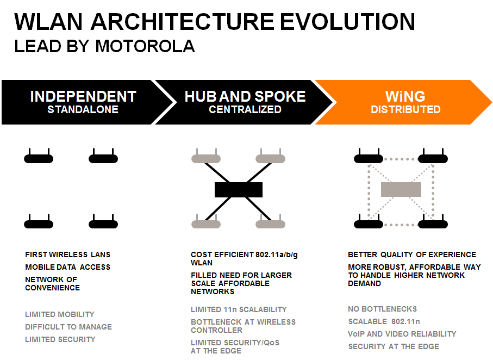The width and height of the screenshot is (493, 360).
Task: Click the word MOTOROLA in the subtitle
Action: (145, 46)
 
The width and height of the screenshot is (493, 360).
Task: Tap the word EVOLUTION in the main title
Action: (347, 22)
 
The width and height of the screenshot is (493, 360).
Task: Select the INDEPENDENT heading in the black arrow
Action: (83, 96)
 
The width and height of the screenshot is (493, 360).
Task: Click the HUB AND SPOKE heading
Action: (245, 96)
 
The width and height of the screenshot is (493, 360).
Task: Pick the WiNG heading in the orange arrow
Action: (405, 96)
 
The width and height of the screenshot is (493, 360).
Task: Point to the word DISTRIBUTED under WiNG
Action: (405, 109)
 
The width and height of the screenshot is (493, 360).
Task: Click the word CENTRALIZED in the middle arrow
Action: (245, 109)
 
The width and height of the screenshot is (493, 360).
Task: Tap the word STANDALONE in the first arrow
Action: (83, 109)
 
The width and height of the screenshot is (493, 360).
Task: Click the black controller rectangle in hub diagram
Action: (238, 190)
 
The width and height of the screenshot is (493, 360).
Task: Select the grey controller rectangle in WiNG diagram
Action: (401, 189)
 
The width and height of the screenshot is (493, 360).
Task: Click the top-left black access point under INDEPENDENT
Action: (39, 157)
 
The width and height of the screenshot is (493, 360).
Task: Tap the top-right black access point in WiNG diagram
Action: (433, 157)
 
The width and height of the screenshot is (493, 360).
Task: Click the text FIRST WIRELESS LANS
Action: (67, 255)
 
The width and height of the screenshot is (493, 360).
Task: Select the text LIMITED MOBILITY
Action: (60, 314)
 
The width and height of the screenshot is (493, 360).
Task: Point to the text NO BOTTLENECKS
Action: (382, 309)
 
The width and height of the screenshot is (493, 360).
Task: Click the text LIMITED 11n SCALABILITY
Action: (239, 309)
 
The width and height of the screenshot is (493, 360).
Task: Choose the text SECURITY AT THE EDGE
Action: (394, 346)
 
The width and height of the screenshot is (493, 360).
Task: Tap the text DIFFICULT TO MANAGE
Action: (68, 327)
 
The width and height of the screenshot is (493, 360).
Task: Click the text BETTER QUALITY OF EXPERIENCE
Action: (412, 255)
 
